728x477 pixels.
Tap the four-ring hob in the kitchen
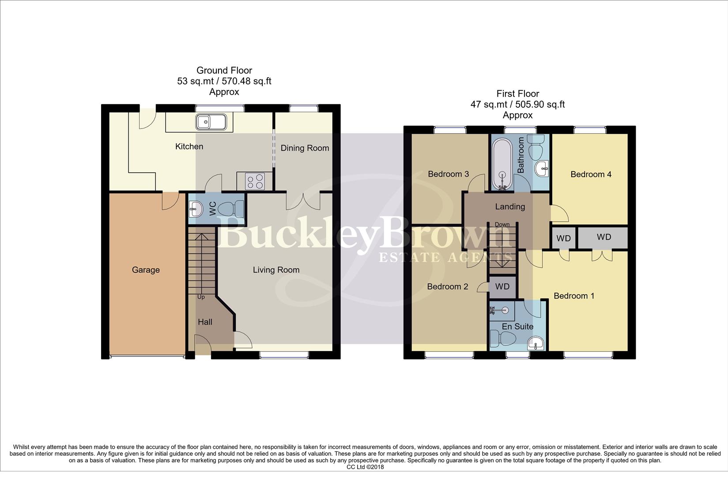pyautogui.click(x=255, y=181)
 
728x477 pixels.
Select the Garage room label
pyautogui.click(x=146, y=270)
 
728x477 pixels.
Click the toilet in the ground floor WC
pyautogui.click(x=231, y=208)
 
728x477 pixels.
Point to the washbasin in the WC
pyautogui.click(x=196, y=208)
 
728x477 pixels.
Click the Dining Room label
pyautogui.click(x=305, y=148)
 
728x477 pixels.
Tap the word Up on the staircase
pyautogui.click(x=201, y=297)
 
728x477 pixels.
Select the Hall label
pyautogui.click(x=205, y=322)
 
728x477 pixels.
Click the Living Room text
pyautogui.click(x=276, y=270)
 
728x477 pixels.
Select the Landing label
pyautogui.click(x=510, y=206)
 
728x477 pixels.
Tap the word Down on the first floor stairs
pyautogui.click(x=502, y=224)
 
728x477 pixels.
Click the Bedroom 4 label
pyautogui.click(x=591, y=174)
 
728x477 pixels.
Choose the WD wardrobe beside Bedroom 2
pyautogui.click(x=502, y=287)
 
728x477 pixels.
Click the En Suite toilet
pyautogui.click(x=505, y=339)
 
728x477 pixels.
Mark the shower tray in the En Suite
pyautogui.click(x=502, y=311)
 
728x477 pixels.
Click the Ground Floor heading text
pyautogui.click(x=224, y=70)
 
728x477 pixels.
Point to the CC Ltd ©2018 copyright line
pyautogui.click(x=365, y=467)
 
